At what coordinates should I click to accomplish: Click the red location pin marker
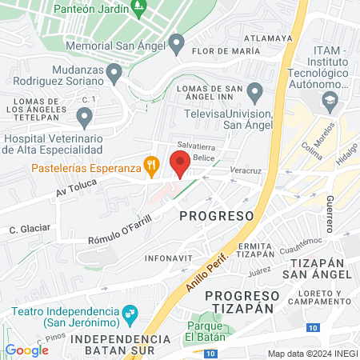(180, 163)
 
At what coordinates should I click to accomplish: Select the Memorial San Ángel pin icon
(178, 43)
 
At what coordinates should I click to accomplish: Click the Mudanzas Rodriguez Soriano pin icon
(114, 74)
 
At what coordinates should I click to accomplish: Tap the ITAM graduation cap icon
(329, 102)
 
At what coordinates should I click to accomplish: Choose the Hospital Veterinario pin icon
(84, 119)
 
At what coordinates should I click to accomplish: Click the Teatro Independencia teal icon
(128, 322)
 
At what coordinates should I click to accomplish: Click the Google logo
(26, 350)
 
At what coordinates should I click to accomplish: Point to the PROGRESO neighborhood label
(216, 216)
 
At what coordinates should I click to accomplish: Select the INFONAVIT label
(168, 259)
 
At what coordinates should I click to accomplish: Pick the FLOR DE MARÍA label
(226, 50)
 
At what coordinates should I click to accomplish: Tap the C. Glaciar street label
(30, 229)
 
